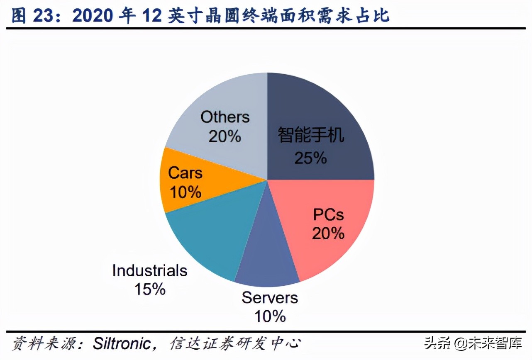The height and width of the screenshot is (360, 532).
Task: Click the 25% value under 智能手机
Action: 310,158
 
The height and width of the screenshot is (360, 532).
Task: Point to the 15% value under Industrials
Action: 150,289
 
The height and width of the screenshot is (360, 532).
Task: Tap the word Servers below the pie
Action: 270,298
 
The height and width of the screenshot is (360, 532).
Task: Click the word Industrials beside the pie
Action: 150,271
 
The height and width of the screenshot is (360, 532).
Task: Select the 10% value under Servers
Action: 270,316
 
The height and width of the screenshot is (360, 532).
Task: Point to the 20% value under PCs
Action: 328,234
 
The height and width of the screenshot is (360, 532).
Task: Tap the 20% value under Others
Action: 225,136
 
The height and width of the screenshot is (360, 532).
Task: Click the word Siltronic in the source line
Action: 121,344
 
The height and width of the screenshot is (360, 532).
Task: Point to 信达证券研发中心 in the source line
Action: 235,344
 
